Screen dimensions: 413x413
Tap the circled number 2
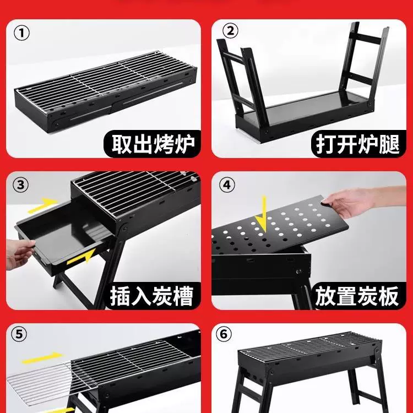(230, 30)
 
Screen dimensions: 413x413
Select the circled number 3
(20, 184)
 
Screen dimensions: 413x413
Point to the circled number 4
(227, 184)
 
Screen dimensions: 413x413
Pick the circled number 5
(19, 334)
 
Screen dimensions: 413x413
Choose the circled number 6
(224, 334)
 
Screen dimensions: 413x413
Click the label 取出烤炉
(153, 144)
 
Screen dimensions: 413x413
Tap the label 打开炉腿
(358, 144)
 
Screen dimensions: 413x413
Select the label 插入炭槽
(152, 296)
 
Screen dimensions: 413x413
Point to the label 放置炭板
(357, 296)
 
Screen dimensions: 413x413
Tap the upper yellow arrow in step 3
(43, 205)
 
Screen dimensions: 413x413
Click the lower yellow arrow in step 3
(81, 257)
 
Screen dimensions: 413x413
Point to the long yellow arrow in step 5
(42, 358)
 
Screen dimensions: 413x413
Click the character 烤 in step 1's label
(164, 144)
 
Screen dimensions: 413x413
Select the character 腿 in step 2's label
(389, 144)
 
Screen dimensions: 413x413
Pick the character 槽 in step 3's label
(184, 296)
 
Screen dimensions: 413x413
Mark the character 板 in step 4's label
(389, 296)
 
